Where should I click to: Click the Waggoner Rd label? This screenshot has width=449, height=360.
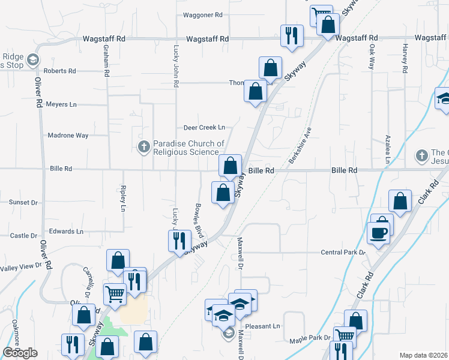point(202,14)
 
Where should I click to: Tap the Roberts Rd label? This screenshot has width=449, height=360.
point(64,71)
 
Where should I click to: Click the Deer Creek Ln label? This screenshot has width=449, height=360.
point(204,127)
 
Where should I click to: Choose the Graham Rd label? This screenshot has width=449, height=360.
point(106,55)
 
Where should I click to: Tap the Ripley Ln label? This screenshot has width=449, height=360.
point(123,199)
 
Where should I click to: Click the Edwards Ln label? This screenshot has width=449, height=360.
point(66,231)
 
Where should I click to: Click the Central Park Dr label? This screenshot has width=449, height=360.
point(343,253)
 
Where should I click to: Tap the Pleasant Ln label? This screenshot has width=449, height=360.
point(267,326)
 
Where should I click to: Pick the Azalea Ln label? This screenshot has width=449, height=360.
point(388,149)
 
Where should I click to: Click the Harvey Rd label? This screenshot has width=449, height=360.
point(405,58)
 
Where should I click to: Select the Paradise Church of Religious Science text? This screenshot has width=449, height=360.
point(188,148)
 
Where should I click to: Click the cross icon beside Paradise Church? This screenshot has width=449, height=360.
point(143,147)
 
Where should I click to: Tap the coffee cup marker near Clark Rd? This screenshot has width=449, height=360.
point(378,232)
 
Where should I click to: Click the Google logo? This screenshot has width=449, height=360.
point(20,353)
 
